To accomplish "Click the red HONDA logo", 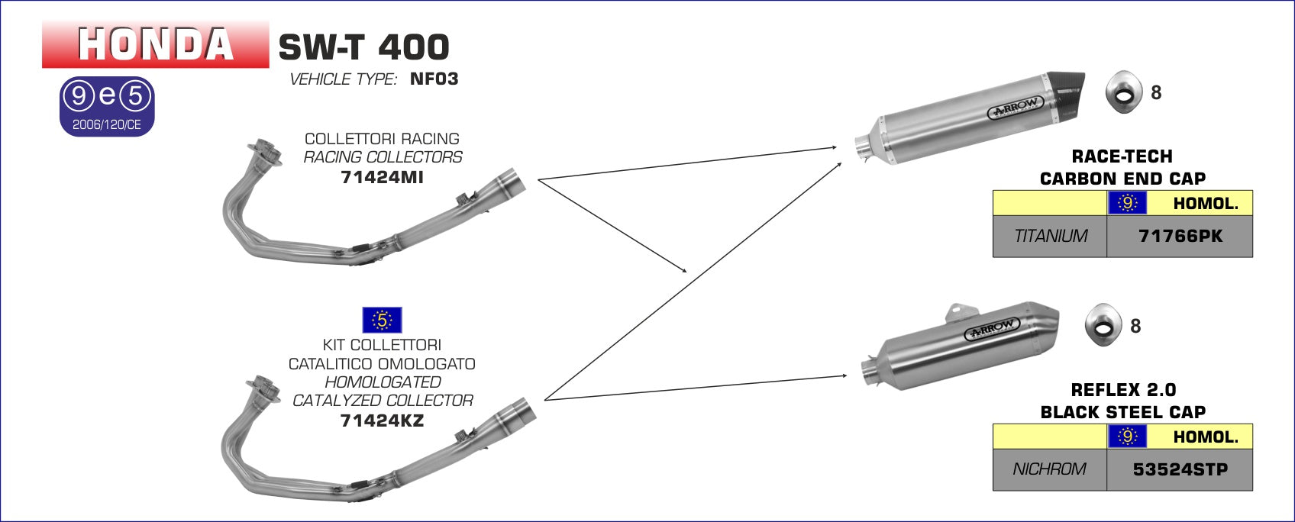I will click(x=156, y=44).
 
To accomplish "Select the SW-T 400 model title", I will click(x=363, y=47).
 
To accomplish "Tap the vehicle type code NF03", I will click(x=434, y=79).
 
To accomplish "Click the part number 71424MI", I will click(x=382, y=177).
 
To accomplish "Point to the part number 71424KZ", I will click(x=382, y=420).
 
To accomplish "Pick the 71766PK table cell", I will click(x=1180, y=237).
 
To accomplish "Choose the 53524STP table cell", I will click(x=1180, y=470).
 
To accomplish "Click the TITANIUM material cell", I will click(x=1050, y=237).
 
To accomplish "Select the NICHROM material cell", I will click(x=1049, y=470).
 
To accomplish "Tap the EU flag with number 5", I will click(x=381, y=320).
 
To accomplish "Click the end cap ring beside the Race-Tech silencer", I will click(x=1124, y=92).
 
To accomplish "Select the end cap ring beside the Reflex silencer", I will click(x=1103, y=326).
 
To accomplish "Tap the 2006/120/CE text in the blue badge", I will click(x=107, y=124).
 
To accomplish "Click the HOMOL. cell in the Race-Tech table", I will click(x=1205, y=204).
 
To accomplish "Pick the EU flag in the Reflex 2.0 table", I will click(x=1126, y=437).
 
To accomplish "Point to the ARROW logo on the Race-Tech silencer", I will click(x=1016, y=108).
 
